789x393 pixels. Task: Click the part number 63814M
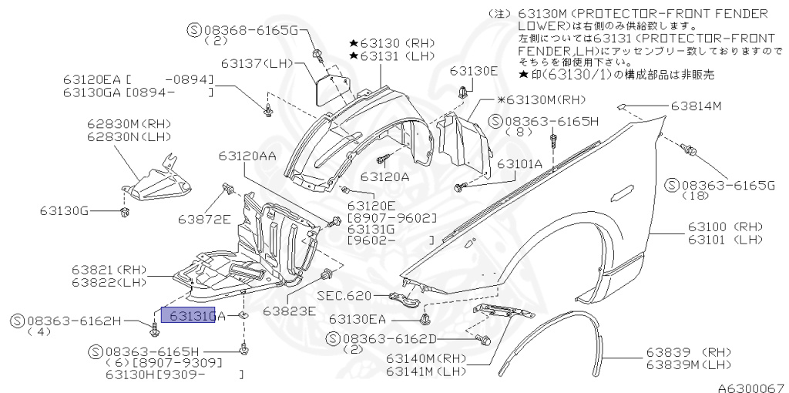pyautogui.click(x=695, y=106)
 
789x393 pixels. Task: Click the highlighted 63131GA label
pyautogui.click(x=193, y=316)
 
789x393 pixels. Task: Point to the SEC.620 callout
pyautogui.click(x=344, y=296)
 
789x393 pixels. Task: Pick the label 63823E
pyautogui.click(x=289, y=311)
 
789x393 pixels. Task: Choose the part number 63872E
pyautogui.click(x=205, y=219)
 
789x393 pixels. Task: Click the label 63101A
pyautogui.click(x=519, y=164)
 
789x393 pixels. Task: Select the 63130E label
pyautogui.click(x=474, y=70)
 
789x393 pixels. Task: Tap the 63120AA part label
pyautogui.click(x=247, y=156)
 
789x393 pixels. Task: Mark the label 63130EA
pyautogui.click(x=361, y=318)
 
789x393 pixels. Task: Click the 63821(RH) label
pyautogui.click(x=109, y=270)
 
